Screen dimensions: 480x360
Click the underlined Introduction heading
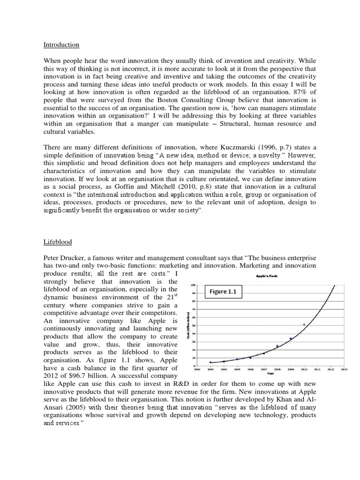[61, 45]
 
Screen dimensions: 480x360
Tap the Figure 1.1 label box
[224, 292]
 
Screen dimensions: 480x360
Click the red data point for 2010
[304, 324]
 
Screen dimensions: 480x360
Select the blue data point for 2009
[291, 338]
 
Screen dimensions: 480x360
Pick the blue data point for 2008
[277, 346]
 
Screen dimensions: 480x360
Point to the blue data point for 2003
[210, 362]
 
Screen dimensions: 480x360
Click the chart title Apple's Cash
[268, 276]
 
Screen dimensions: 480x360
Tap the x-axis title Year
[270, 374]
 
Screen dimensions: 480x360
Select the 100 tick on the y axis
[193, 285]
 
